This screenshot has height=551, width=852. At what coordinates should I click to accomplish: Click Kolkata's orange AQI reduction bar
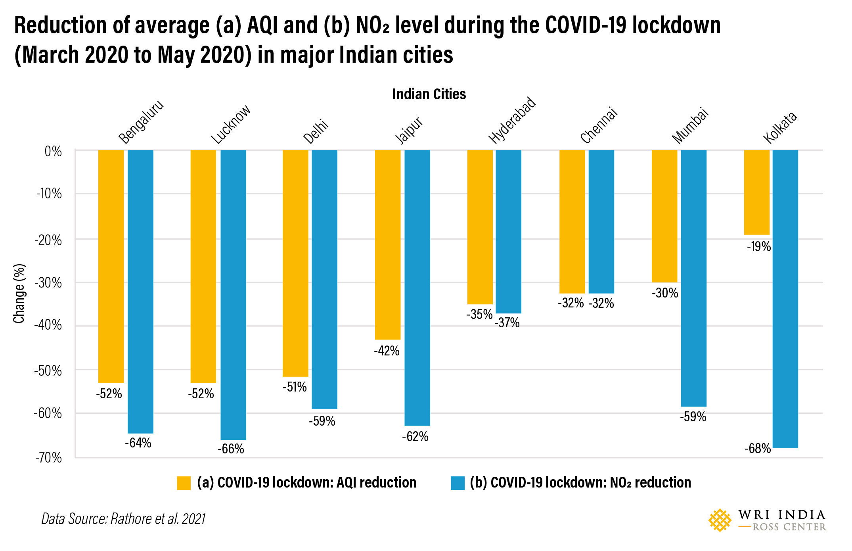[x=756, y=192]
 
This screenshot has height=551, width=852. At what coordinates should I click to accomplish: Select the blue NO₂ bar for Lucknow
[x=233, y=294]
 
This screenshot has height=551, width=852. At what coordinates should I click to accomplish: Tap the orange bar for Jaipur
[x=388, y=244]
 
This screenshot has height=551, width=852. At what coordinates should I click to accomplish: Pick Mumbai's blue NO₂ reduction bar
[x=693, y=278]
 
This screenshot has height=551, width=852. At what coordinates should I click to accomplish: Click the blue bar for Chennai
[x=601, y=221]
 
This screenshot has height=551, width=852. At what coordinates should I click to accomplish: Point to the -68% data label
[x=757, y=449]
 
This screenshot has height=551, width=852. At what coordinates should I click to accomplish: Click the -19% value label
[x=758, y=247]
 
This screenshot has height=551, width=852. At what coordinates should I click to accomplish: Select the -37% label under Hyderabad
[x=507, y=323]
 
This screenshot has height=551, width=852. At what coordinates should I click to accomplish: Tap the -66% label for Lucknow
[x=231, y=449]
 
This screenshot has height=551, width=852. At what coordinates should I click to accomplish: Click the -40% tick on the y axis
[x=48, y=325]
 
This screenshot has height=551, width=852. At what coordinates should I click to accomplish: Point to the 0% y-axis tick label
[x=53, y=152]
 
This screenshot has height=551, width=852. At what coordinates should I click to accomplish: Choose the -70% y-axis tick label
[x=48, y=458]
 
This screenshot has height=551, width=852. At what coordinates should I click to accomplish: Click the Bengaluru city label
[x=141, y=122]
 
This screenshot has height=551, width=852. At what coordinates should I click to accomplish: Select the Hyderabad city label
[x=512, y=120]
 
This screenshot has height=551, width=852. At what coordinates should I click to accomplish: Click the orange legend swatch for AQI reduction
[x=184, y=483]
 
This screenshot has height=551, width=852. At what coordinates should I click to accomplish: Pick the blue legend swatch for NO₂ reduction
[x=458, y=483]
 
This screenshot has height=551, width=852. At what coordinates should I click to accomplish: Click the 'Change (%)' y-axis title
[x=19, y=293]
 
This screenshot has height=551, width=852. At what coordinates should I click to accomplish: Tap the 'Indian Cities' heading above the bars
[x=429, y=94]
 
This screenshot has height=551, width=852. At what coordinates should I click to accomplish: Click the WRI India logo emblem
[x=720, y=520]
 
